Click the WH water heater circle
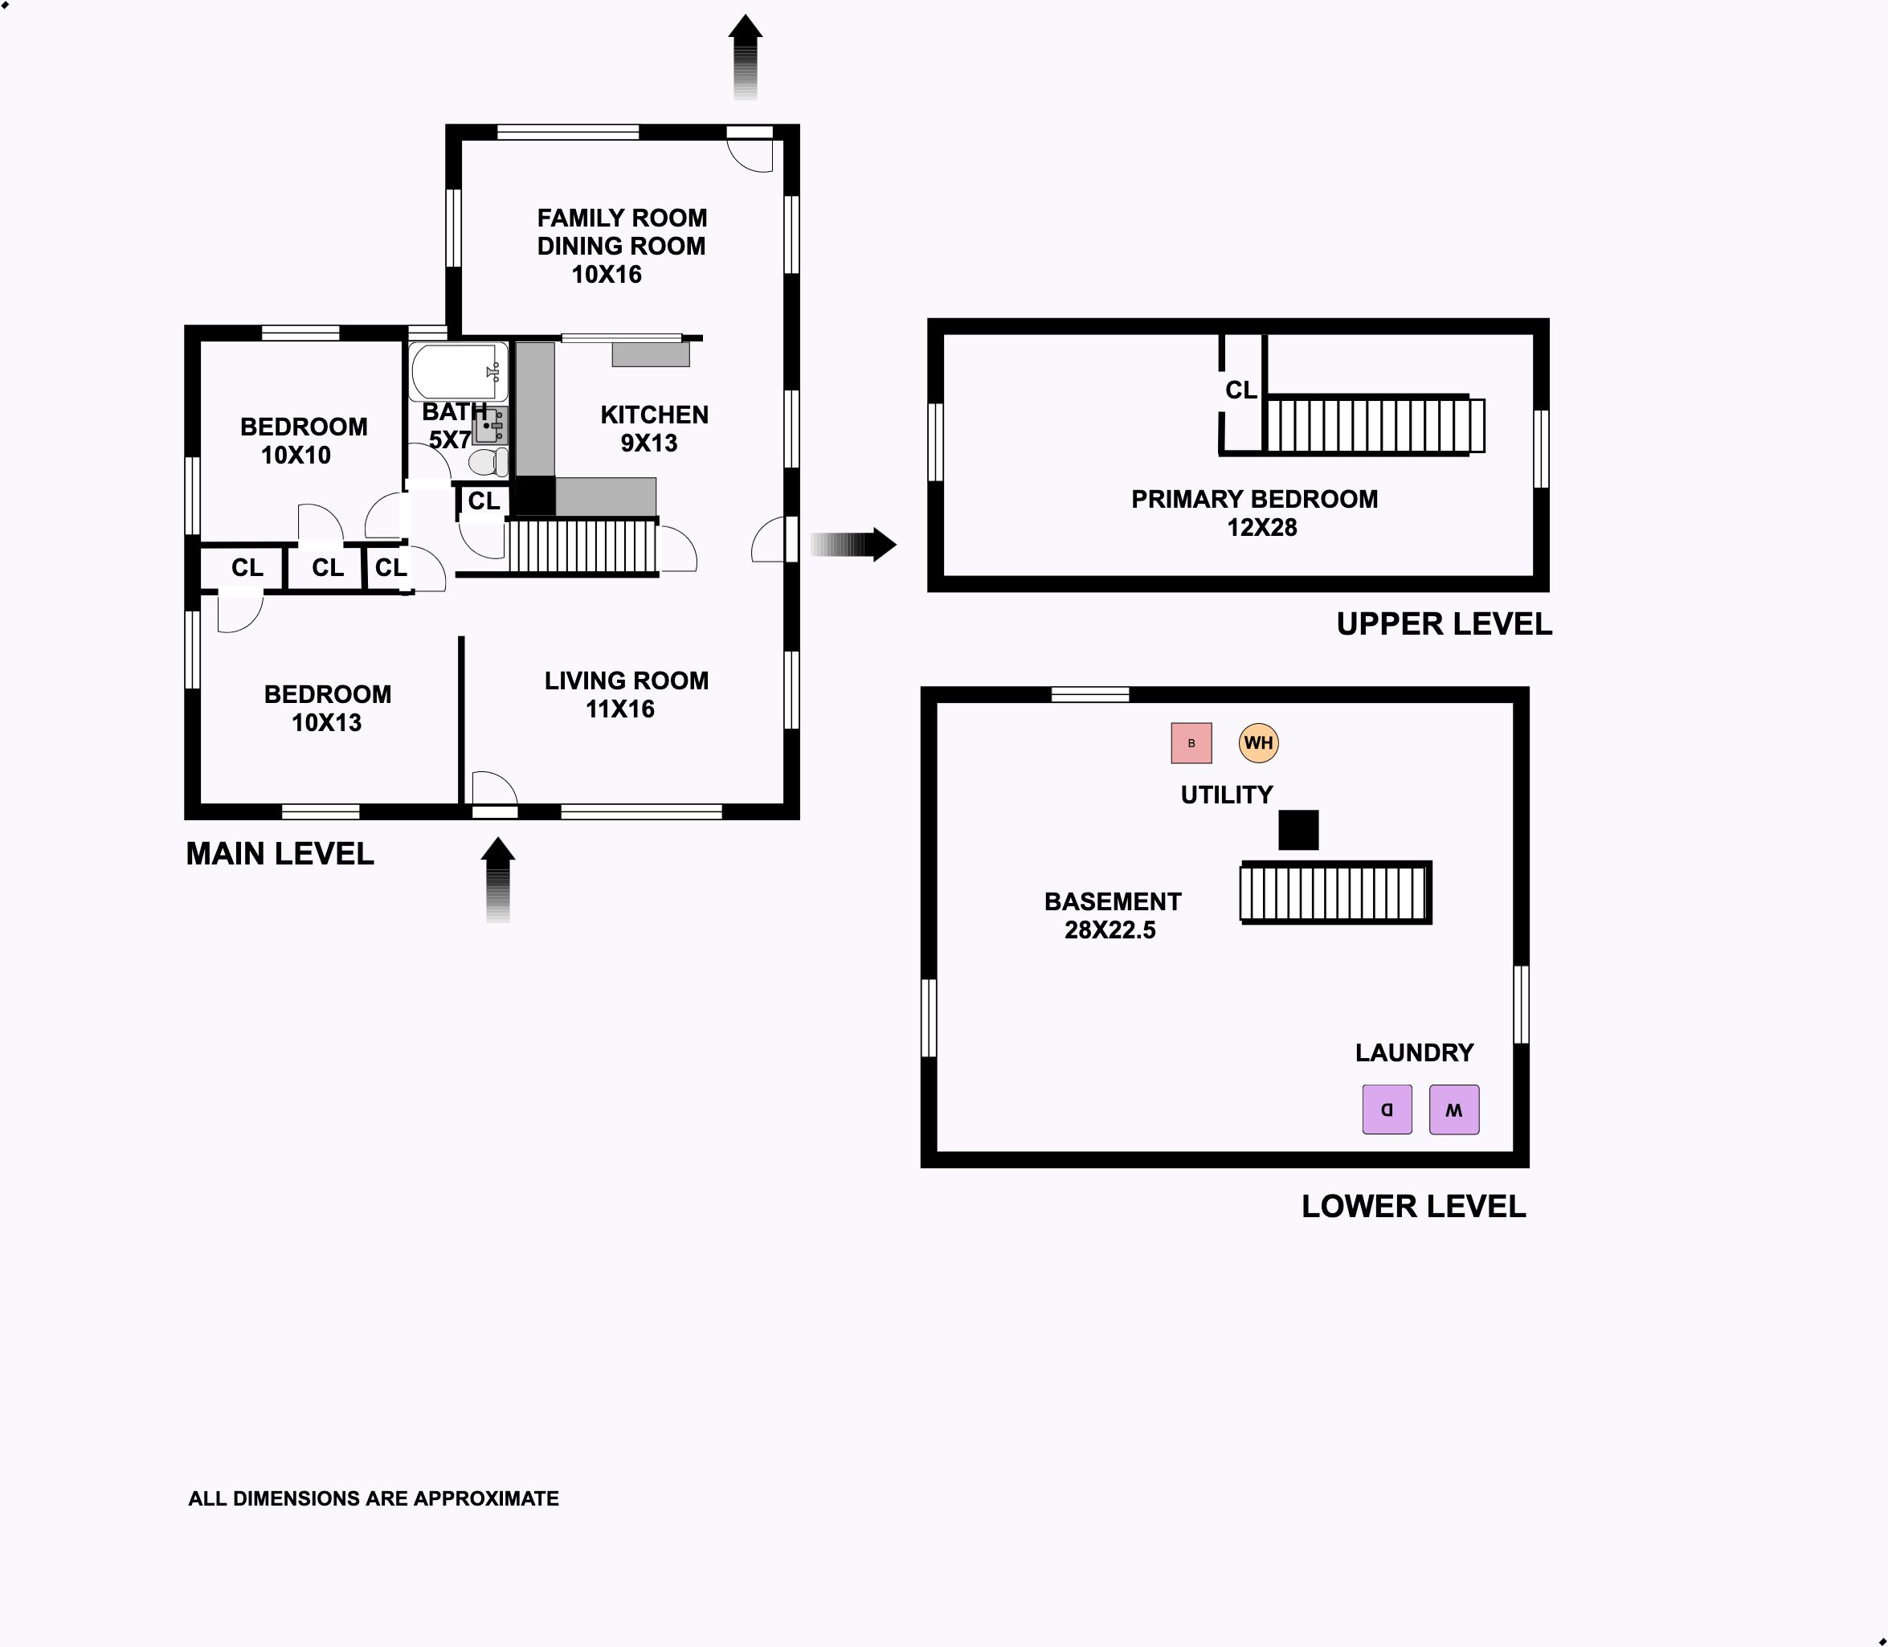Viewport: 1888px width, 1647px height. tap(1258, 742)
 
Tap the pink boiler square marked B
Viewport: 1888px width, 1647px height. tap(1191, 742)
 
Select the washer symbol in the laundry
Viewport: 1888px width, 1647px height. tap(1454, 1110)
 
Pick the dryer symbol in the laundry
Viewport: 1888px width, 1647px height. tap(1387, 1110)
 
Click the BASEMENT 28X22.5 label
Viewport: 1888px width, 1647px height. tap(1112, 915)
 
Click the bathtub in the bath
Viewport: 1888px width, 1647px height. tap(459, 371)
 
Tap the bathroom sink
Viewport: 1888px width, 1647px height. tap(491, 426)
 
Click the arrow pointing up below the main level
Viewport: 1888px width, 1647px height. tap(498, 880)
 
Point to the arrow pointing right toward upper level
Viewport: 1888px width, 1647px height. tap(853, 544)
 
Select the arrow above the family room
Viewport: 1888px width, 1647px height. tap(746, 57)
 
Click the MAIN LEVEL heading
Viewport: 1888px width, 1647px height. tap(280, 854)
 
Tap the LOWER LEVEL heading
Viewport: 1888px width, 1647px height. tap(1414, 1207)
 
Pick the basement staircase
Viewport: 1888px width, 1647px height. tap(1335, 893)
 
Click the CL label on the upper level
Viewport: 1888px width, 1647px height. tap(1241, 390)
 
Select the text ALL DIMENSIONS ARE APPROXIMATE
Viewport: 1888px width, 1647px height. tap(374, 1499)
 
